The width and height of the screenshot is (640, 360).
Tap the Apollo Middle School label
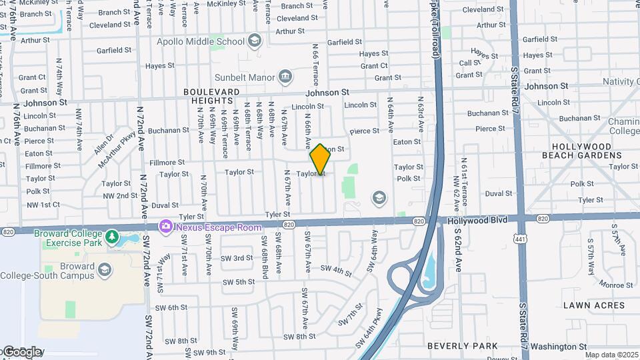pos(201,41)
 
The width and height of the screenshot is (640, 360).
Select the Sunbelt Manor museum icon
pos(285,77)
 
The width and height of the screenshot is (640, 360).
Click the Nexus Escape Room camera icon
pos(165,227)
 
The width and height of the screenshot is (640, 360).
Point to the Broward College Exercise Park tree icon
pos(113,236)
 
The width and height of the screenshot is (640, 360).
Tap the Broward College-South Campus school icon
pos(104,269)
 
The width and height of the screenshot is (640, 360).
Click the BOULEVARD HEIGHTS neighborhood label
pos(211,96)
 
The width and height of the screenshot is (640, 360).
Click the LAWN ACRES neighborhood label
pos(594,305)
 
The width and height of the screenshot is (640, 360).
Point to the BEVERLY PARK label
pos(462,346)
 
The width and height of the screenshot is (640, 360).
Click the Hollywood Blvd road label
pos(477,220)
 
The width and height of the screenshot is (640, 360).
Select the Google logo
pos(22,352)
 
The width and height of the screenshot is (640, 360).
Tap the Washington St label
pos(559,347)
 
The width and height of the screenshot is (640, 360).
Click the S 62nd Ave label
pos(459,253)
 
